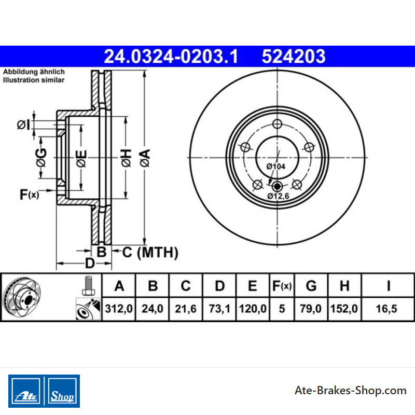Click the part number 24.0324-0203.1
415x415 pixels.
(x=171, y=57)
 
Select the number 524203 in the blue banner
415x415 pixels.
(x=294, y=57)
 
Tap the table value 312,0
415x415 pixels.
(x=119, y=309)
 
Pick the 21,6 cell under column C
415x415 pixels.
(x=186, y=309)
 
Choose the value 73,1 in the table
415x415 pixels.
(x=219, y=309)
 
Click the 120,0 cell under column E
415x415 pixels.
(x=253, y=309)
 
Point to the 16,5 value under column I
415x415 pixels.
(x=386, y=309)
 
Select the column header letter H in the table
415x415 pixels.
(x=344, y=286)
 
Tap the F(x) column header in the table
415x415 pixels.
(x=282, y=286)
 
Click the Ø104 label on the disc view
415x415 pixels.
(x=276, y=166)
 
